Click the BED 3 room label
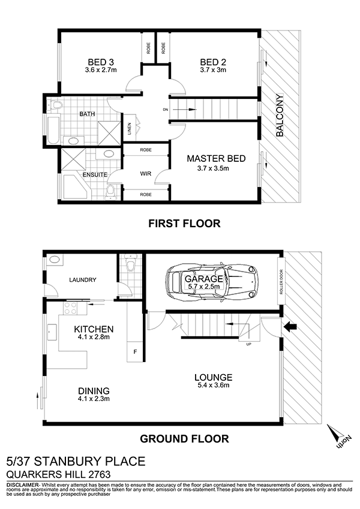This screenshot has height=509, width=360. coord(101,62)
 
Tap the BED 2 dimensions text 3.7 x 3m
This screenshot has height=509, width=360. coord(213,70)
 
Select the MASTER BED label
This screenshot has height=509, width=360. coord(216,158)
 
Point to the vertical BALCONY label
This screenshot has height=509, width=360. coord(280,115)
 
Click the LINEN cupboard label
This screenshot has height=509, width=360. coord(130,128)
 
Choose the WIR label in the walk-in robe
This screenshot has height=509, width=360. coord(146,174)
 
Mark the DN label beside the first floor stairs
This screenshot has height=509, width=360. coord(166,109)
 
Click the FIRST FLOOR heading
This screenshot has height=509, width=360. coord(184,224)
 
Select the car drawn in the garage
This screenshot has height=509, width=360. coord(211,281)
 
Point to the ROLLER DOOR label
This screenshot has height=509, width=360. coord(281,281)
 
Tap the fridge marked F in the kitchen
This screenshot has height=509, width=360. coord(135,352)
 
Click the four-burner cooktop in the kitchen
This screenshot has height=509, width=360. coord(71,308)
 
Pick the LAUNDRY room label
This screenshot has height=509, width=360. coord(83,279)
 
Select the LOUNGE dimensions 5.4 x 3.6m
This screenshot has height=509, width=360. coord(214,385)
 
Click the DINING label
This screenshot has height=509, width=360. coord(94,391)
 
